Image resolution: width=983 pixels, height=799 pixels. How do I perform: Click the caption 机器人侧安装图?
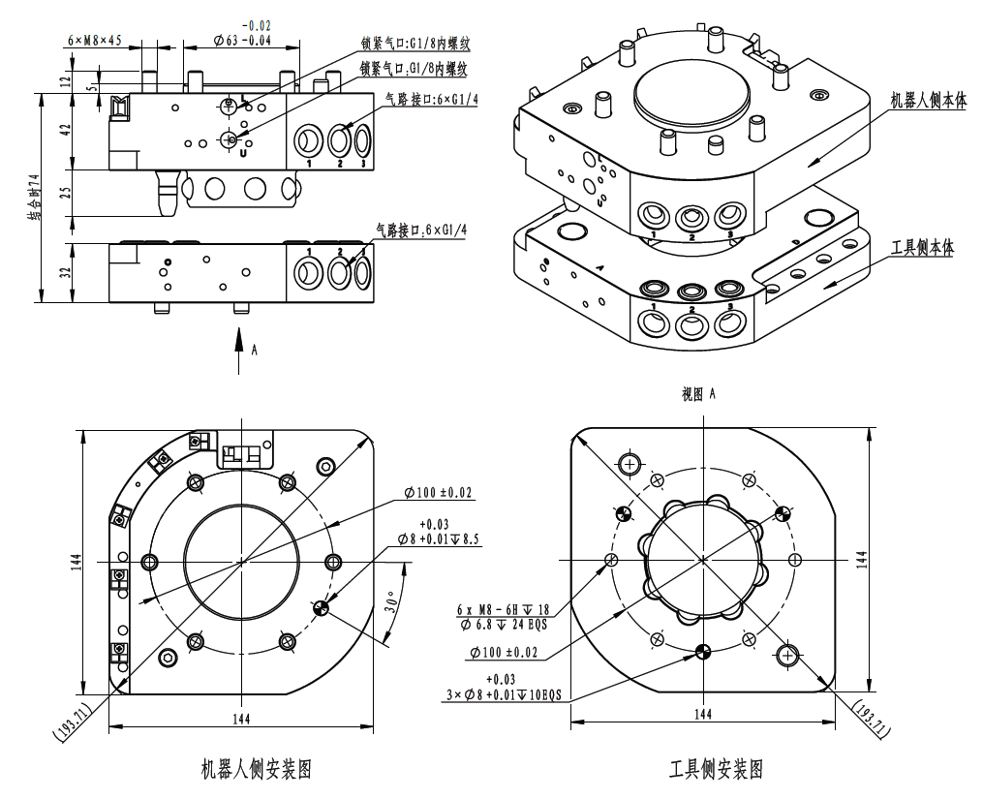coord(255,769)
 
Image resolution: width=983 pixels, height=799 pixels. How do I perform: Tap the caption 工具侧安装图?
coord(716,770)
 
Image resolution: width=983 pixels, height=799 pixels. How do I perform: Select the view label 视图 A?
coord(698,393)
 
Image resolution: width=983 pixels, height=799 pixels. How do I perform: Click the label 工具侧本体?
coord(922,248)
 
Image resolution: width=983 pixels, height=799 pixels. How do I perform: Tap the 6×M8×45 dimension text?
coord(94,41)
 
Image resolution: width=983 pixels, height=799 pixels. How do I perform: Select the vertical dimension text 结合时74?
coord(33,199)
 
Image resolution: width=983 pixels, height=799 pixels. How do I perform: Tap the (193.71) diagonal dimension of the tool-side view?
coord(869,718)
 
